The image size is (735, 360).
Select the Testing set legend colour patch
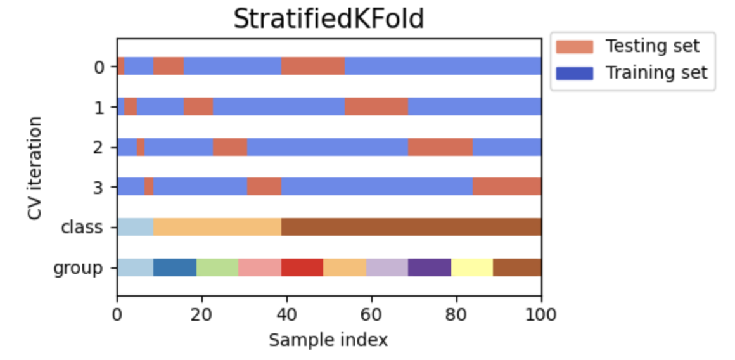tap(574, 46)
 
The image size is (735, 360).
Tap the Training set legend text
tap(656, 72)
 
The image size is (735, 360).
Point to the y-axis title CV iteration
tap(35, 168)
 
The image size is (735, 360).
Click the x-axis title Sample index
tap(328, 340)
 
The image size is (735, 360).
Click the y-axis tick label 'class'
tap(81, 227)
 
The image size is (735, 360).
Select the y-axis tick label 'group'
tap(78, 267)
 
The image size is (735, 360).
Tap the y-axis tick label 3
tap(98, 187)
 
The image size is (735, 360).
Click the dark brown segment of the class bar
tap(411, 227)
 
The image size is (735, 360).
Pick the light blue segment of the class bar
tap(135, 227)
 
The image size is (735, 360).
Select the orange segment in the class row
tap(217, 227)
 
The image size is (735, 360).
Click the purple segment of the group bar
tap(430, 267)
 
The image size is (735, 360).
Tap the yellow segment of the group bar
tap(472, 267)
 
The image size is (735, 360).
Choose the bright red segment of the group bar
tap(302, 267)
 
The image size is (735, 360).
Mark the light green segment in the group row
tap(217, 267)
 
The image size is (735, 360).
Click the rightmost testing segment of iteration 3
tap(507, 186)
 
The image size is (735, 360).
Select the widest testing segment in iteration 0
tap(313, 66)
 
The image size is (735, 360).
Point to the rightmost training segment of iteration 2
tap(507, 146)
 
